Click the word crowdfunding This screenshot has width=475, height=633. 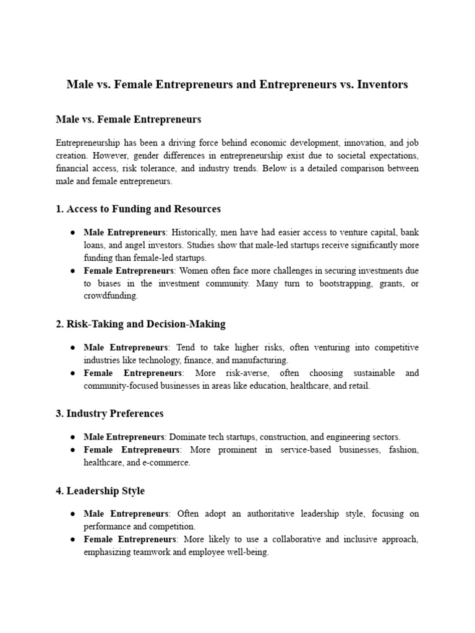pyautogui.click(x=111, y=296)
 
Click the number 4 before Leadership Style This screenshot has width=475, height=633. pyautogui.click(x=59, y=491)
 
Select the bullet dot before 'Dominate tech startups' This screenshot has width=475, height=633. pyautogui.click(x=73, y=437)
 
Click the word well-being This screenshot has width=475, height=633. pyautogui.click(x=247, y=553)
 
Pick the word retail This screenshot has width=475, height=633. pyautogui.click(x=359, y=386)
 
